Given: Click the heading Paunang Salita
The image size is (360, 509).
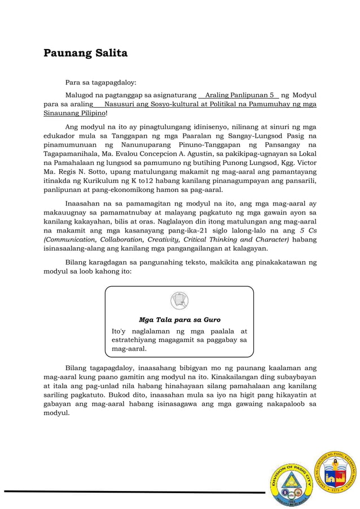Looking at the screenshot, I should click(x=86, y=54).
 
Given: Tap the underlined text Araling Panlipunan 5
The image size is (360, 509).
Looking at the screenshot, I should click(x=240, y=95).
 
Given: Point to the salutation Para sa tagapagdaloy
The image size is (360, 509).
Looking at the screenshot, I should click(x=100, y=82).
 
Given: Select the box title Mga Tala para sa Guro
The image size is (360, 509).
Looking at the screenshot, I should click(x=179, y=319).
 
